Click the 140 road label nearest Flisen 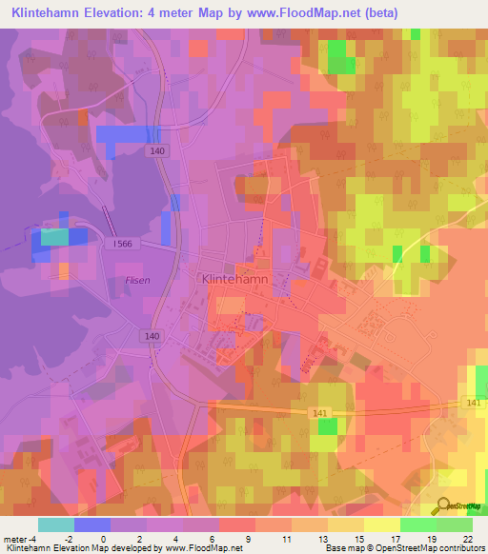pyautogui.click(x=153, y=336)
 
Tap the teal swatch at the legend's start pyautogui.click(x=56, y=524)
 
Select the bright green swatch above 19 pyautogui.click(x=417, y=524)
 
